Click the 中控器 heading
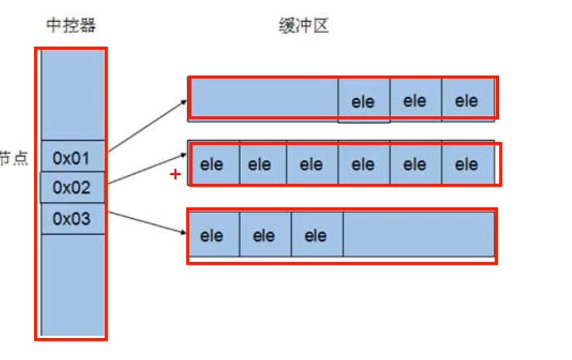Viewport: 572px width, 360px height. coord(71,26)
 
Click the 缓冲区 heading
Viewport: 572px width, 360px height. coord(303,26)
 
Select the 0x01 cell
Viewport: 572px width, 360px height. coord(72,157)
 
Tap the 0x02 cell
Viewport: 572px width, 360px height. coord(72,187)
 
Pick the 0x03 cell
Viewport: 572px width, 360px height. coord(72,218)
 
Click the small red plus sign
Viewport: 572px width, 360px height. coord(175,175)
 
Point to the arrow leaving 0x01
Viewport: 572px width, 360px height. coord(147,126)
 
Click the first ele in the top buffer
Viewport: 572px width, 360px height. coord(363,102)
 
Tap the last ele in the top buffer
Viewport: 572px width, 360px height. coord(467,101)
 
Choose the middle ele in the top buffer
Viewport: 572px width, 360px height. coord(415,101)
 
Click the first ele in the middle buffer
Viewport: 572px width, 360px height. coord(212,165)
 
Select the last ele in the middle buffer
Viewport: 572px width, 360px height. coord(467,165)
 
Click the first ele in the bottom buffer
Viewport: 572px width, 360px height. coord(212,235)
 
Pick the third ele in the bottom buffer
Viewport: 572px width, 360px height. coord(316,235)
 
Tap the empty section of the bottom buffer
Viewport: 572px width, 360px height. coord(418,234)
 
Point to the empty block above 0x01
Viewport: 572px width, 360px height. coord(73,94)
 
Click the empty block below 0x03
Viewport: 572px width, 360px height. coord(73,284)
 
